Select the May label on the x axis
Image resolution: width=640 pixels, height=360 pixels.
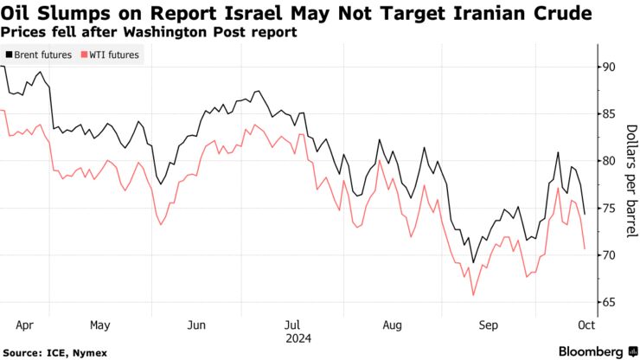click(99, 325)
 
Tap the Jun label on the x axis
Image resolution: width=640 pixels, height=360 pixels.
click(196, 325)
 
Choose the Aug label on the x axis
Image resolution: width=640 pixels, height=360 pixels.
click(392, 325)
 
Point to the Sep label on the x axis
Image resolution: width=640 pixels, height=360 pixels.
click(489, 325)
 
